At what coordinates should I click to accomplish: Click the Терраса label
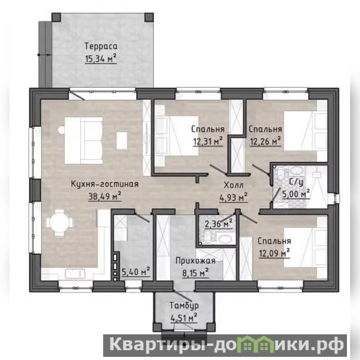point(101,46)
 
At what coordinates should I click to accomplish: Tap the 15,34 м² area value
point(101,59)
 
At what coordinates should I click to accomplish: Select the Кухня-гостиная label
point(105,184)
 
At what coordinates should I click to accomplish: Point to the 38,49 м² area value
point(105,196)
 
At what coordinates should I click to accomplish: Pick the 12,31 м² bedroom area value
point(208,141)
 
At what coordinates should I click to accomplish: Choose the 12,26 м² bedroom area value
point(265,141)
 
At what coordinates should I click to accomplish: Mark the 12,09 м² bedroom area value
point(274,253)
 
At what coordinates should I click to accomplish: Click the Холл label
point(233,185)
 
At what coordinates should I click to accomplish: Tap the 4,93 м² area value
point(233,197)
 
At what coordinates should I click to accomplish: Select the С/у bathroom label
point(296,182)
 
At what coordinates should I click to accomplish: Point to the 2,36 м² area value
point(219,223)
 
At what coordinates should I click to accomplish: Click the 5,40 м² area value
point(136,272)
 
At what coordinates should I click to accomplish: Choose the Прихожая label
point(196,261)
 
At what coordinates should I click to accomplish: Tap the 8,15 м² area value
point(196,273)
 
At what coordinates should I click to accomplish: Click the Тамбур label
point(184,305)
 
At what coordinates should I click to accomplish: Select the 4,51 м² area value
point(184,318)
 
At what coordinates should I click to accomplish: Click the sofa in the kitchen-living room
point(83,141)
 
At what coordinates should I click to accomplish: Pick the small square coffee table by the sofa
point(122,141)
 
